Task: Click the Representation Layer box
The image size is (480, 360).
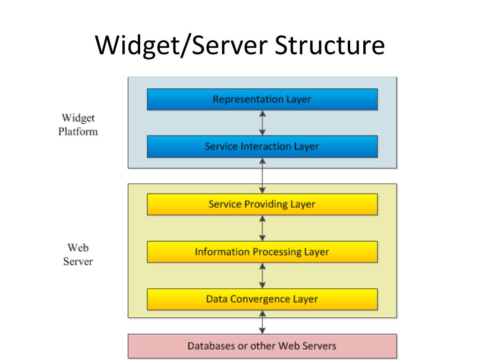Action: click(x=262, y=99)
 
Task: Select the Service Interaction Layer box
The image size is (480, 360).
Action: click(x=262, y=147)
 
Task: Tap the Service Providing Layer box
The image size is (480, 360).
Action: click(x=262, y=204)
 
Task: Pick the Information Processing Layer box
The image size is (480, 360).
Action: click(x=262, y=252)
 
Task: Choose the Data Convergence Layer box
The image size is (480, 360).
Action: click(x=262, y=300)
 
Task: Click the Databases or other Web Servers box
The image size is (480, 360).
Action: click(x=262, y=346)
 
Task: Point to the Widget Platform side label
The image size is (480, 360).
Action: click(x=78, y=125)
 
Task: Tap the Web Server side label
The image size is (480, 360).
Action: click(x=78, y=255)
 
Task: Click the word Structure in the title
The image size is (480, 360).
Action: click(x=330, y=45)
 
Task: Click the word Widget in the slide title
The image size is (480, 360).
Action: click(x=138, y=46)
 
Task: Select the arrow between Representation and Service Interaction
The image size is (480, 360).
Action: click(x=262, y=123)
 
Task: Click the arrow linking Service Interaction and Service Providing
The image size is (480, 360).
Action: click(x=262, y=176)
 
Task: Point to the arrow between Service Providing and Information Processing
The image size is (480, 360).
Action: click(x=262, y=228)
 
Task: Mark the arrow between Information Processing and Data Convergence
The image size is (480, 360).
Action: click(x=262, y=276)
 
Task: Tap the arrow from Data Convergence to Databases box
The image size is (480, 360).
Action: click(x=262, y=322)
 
